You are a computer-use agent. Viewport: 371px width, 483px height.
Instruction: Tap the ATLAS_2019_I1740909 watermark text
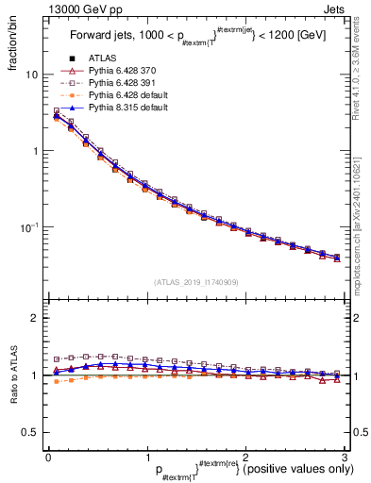tap(195, 282)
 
